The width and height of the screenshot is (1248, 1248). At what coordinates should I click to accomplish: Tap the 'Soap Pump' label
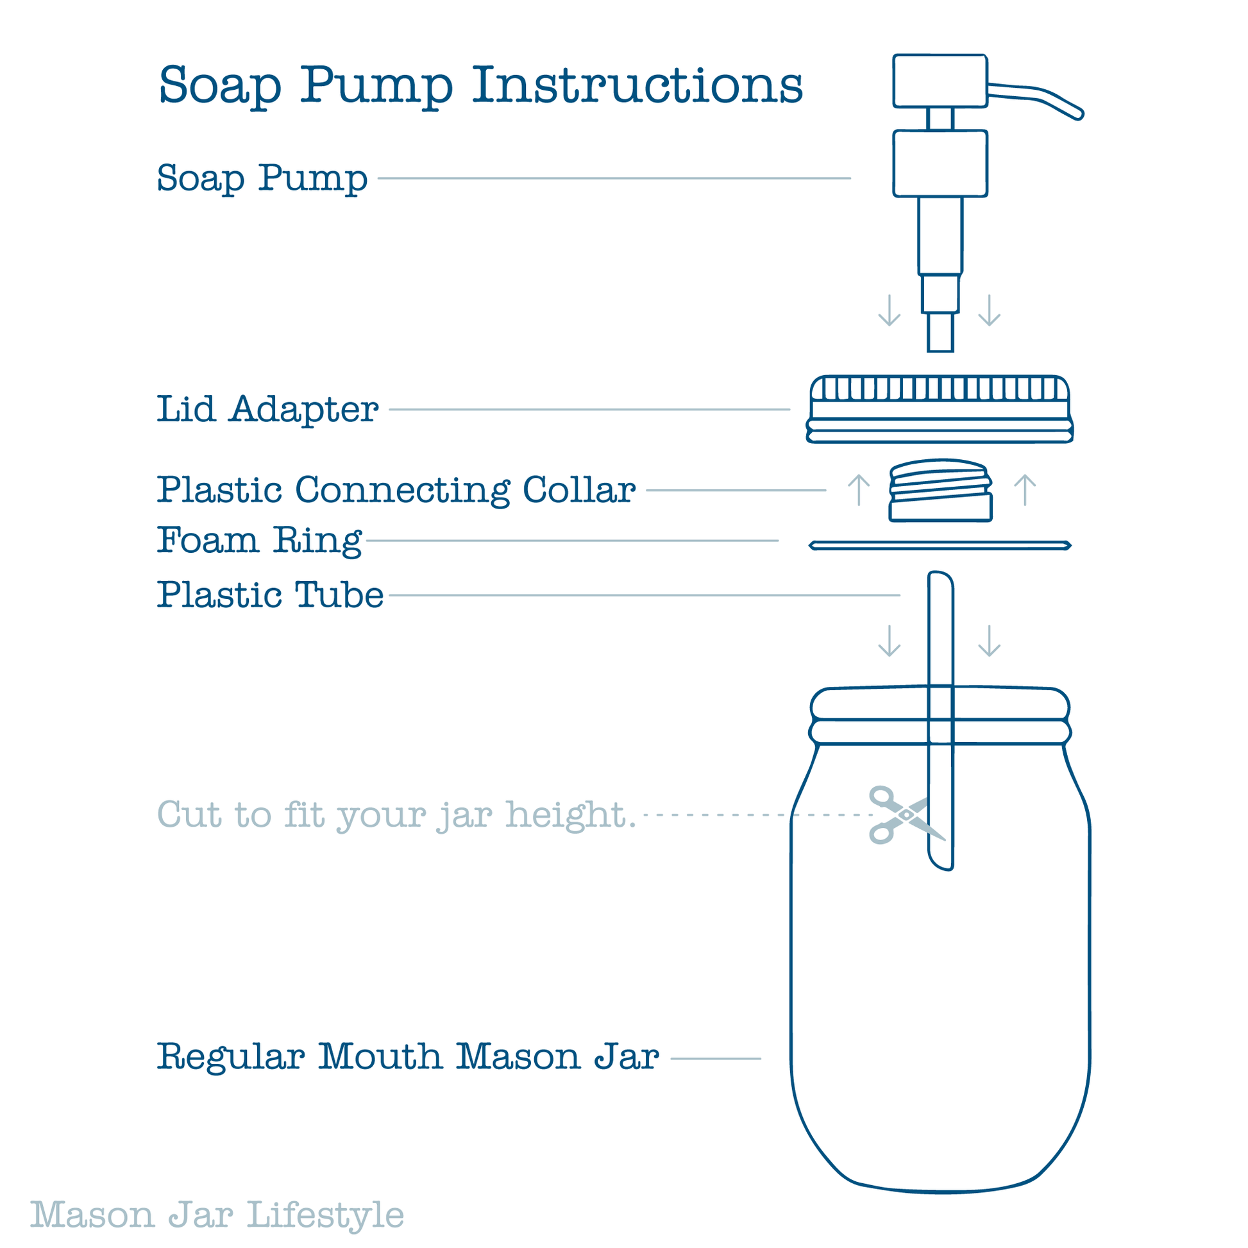tap(262, 178)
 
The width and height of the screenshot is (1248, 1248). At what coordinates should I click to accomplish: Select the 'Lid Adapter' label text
tap(267, 409)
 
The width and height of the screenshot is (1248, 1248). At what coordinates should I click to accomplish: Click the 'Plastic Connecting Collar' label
tap(396, 490)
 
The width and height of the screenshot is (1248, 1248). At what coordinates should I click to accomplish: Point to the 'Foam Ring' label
tap(260, 540)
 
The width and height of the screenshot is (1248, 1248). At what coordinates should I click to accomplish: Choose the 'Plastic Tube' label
tap(270, 594)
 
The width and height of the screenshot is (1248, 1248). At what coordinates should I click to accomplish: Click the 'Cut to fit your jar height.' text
tap(396, 815)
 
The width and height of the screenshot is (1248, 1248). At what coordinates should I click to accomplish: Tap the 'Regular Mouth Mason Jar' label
tap(409, 1057)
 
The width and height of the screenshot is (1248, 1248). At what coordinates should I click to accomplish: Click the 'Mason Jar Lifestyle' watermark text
tap(217, 1215)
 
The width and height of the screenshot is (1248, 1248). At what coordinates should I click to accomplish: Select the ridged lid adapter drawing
tap(940, 409)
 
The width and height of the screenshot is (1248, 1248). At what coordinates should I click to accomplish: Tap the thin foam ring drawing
tap(941, 546)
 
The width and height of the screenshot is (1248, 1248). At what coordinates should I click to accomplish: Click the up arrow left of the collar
tap(859, 489)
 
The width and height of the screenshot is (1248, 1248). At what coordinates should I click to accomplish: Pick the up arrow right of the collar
tap(1025, 489)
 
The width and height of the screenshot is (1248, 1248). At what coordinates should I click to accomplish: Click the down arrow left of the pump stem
tap(890, 310)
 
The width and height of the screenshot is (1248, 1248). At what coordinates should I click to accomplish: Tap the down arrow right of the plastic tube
tap(990, 641)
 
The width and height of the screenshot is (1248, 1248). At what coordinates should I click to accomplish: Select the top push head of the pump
tap(941, 81)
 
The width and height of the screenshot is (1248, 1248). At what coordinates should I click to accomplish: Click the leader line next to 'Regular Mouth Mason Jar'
tap(716, 1059)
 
